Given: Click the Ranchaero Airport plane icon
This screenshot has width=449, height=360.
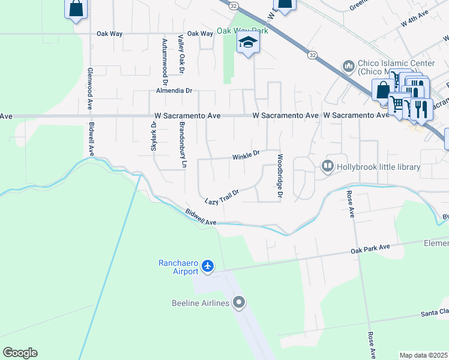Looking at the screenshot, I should point(208,265).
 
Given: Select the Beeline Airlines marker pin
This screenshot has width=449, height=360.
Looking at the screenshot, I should point(240,302).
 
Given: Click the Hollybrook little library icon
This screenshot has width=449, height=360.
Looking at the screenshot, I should point(328,166).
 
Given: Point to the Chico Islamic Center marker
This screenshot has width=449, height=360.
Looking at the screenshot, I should point(348,65).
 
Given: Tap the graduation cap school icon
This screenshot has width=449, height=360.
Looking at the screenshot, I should point(247,43).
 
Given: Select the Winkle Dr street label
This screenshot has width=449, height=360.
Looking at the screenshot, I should point(246,155).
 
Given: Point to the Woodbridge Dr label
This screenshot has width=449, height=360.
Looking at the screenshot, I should point(279,176).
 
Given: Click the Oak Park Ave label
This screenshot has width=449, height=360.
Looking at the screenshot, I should point(370,249).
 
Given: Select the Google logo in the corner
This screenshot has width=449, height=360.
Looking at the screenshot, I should point(20,353).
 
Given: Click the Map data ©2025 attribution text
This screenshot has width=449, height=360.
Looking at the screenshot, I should point(423,355).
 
